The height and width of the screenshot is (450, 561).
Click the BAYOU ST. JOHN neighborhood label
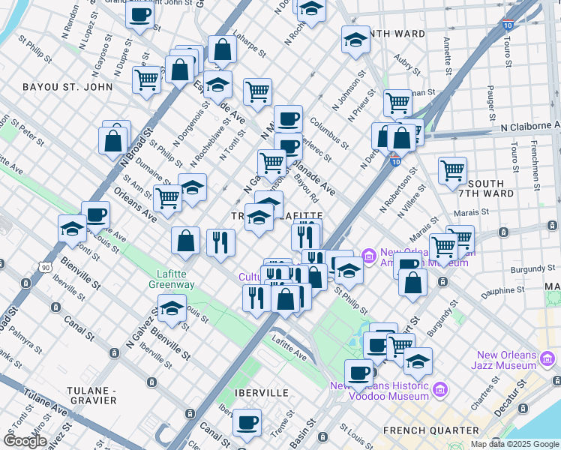pyautogui.click(x=67, y=87)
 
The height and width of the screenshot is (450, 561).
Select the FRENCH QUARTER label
pyautogui.click(x=430, y=430)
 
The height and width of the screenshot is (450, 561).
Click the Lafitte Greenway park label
pyautogui.click(x=176, y=279)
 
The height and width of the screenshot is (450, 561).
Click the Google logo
pyautogui.click(x=25, y=441)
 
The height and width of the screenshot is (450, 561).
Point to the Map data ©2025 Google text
pyautogui.click(x=514, y=444)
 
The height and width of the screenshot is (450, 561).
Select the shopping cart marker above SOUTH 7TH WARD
pyautogui.click(x=452, y=171)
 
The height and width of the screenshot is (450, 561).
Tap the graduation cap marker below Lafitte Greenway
pyautogui.click(x=172, y=309)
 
